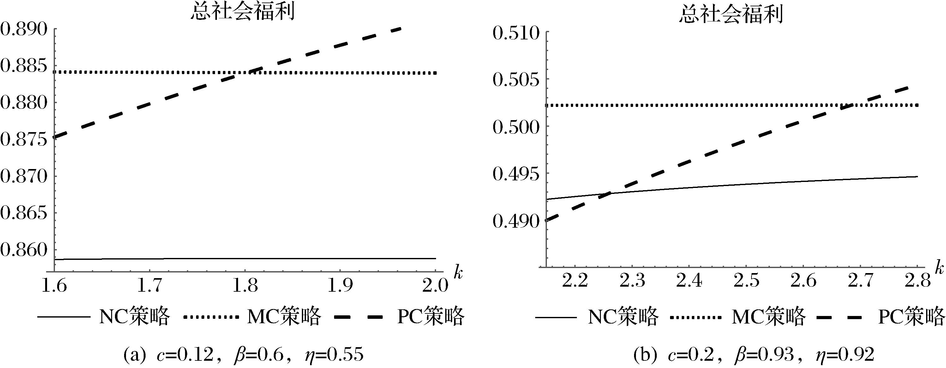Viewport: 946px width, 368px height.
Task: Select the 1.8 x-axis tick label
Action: pos(245,285)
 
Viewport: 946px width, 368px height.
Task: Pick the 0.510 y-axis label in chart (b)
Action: pos(516,33)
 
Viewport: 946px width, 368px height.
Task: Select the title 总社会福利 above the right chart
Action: pos(731,15)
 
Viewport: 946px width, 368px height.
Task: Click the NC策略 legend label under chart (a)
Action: pos(135,316)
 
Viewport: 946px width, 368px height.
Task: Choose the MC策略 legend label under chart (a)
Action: pos(284,316)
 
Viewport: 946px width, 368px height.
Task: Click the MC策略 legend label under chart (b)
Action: pos(769,316)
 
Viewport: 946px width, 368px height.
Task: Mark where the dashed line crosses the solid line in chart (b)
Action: pos(608,193)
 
